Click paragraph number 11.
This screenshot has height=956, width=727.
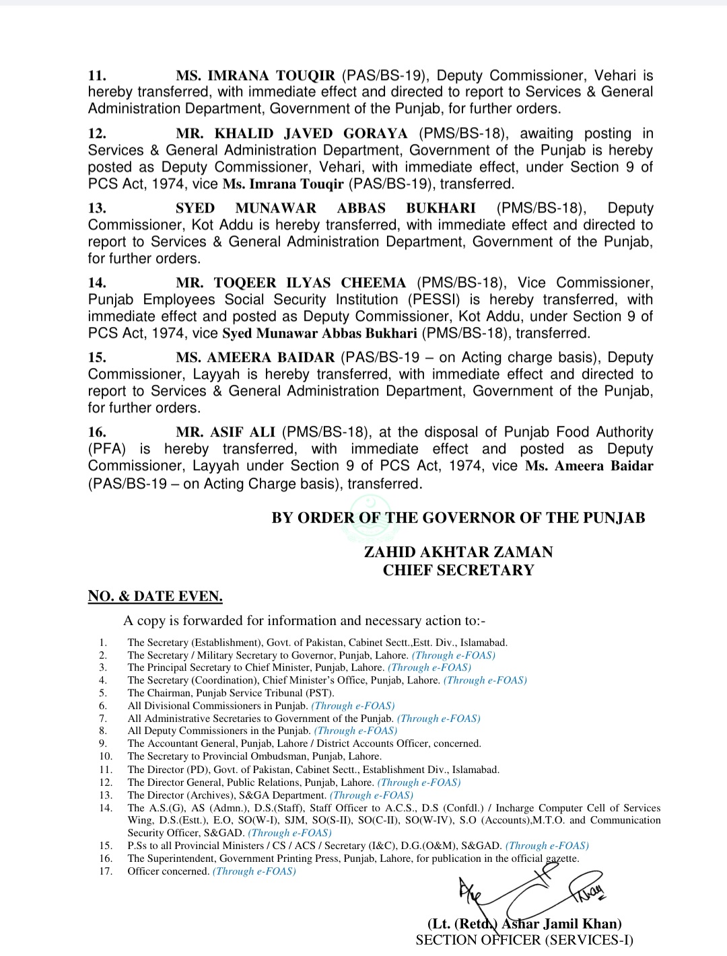click(x=97, y=76)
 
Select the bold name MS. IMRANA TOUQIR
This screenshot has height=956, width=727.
click(x=255, y=76)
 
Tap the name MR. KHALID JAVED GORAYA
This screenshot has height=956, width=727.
click(x=291, y=134)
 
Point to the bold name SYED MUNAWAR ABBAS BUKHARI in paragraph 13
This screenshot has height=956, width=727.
click(x=325, y=209)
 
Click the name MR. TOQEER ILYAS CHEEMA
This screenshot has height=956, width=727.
click(x=291, y=283)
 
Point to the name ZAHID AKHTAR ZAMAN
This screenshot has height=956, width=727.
click(x=458, y=552)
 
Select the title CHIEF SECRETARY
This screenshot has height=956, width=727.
click(x=458, y=571)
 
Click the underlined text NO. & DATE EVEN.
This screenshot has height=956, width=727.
click(x=155, y=596)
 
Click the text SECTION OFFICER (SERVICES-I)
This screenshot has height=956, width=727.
click(x=524, y=940)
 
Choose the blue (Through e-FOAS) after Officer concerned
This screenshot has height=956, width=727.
click(x=254, y=871)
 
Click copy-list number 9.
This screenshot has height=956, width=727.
click(x=103, y=744)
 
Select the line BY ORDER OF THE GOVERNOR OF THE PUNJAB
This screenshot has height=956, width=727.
click(x=458, y=518)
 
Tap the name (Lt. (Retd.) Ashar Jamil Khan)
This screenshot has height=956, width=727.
click(x=524, y=924)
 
